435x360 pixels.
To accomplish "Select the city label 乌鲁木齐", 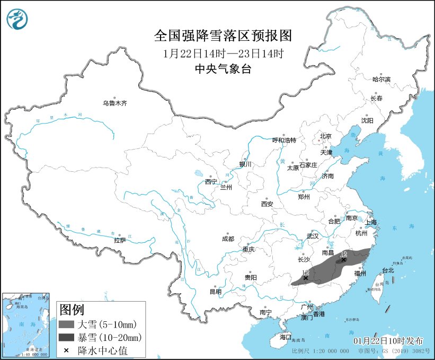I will point(115,103).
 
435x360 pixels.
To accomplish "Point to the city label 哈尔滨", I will point(381,79).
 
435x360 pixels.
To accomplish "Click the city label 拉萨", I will point(120,240).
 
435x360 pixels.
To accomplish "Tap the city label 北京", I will point(325,136).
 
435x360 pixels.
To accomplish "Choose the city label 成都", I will point(228,239).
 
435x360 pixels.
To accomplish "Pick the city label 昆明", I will point(216,291).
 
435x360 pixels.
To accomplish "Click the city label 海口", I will point(286,337).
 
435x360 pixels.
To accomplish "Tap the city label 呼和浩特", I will point(285,141).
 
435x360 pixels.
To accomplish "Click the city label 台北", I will point(388,270).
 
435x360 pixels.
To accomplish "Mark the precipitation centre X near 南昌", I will point(344,260).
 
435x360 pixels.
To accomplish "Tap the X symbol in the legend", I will point(67,350).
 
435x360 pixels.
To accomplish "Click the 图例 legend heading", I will point(71,309).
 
